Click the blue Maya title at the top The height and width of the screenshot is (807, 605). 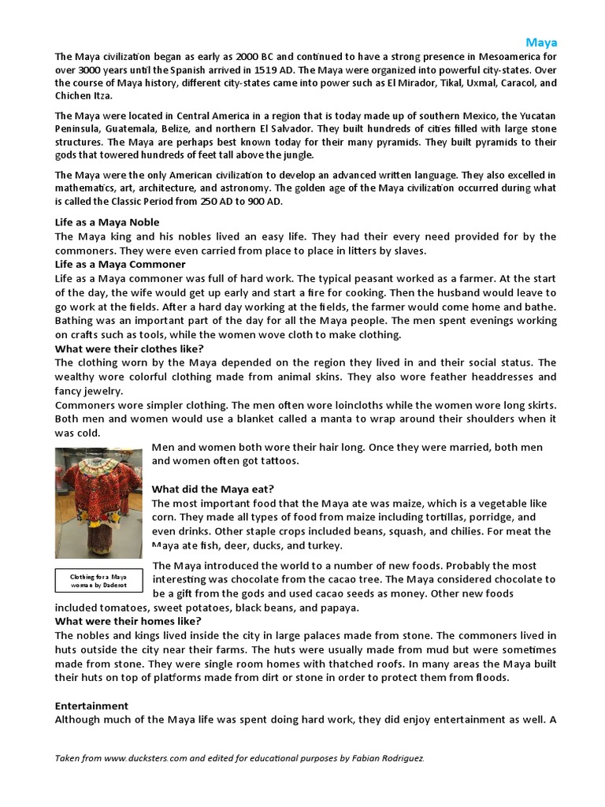541,42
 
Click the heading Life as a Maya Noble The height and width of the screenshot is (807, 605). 106,222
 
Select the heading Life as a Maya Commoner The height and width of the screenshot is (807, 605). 120,264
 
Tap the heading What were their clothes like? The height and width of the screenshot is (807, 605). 129,348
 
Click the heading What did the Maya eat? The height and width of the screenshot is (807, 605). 213,489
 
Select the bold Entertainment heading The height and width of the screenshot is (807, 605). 91,705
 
